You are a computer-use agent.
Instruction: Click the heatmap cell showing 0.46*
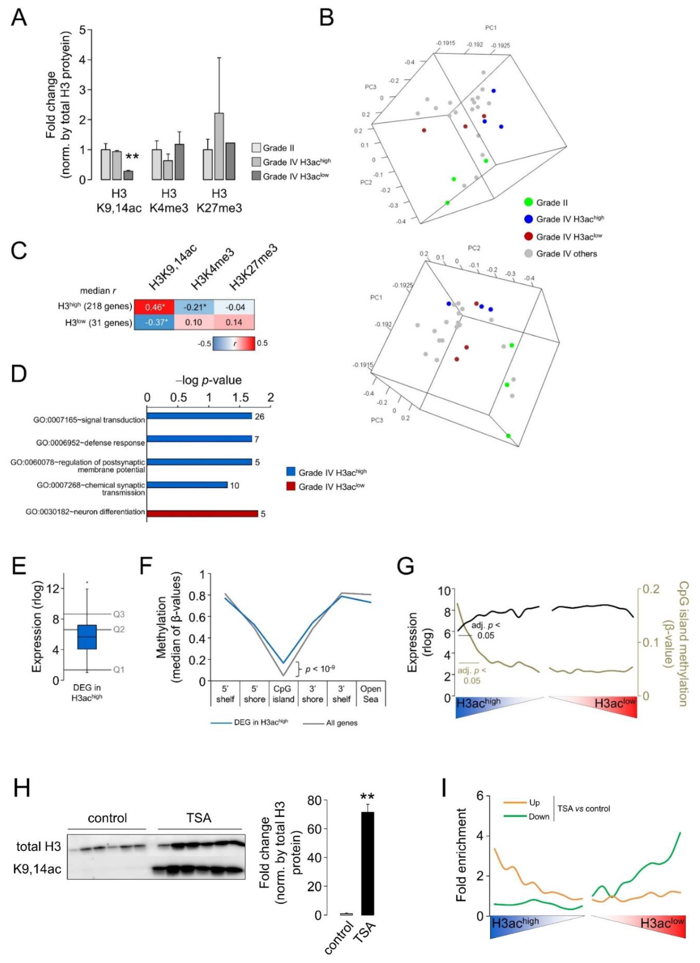pyautogui.click(x=154, y=307)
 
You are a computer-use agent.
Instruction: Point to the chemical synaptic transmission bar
pyautogui.click(x=187, y=484)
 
